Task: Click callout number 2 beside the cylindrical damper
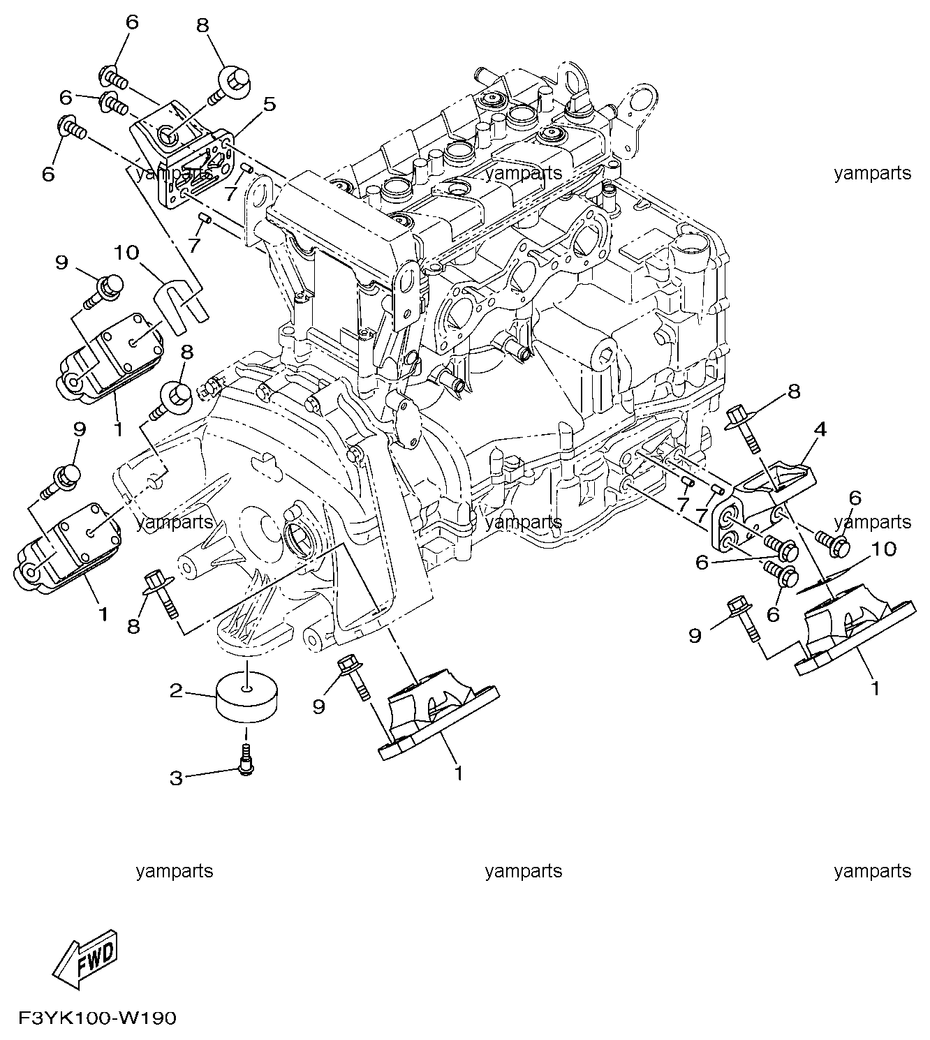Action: (176, 692)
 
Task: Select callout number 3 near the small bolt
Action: (176, 777)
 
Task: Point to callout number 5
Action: (269, 105)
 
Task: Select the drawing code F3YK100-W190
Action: (97, 1018)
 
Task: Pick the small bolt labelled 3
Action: (246, 760)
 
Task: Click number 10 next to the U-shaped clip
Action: (128, 252)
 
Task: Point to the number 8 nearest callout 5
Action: (202, 26)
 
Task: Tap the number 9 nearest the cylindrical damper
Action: (319, 706)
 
